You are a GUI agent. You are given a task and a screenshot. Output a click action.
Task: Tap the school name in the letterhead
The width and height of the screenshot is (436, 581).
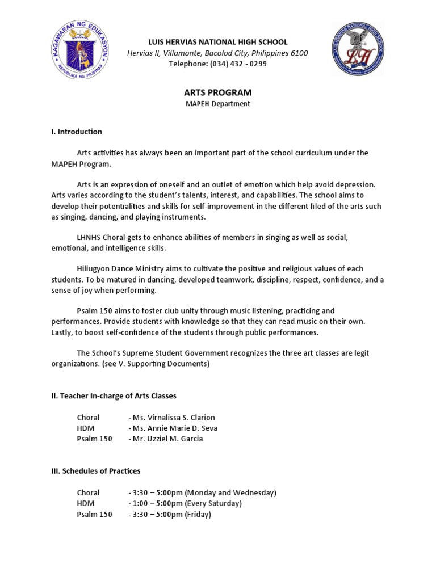pos(218,42)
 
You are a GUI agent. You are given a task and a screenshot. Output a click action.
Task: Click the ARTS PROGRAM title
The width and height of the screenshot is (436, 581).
pos(218,92)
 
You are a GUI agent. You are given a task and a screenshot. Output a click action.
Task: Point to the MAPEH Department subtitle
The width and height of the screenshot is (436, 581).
pos(218,104)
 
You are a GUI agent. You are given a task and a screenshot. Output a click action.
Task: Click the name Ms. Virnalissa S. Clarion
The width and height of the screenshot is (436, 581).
pos(174,418)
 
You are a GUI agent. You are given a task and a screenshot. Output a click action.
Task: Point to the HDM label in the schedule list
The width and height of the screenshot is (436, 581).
pos(86,503)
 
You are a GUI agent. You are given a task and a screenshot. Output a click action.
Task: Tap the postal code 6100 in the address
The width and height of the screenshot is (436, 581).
pos(299,53)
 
